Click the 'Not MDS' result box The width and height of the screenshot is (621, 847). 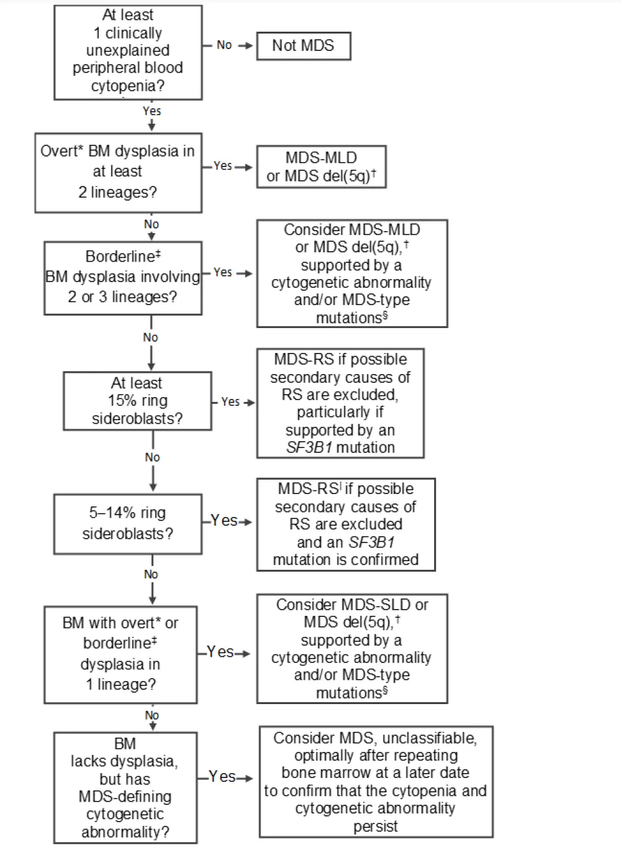(x=303, y=45)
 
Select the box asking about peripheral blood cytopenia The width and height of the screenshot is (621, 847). (x=128, y=52)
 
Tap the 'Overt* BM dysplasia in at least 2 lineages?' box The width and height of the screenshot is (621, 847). (x=118, y=172)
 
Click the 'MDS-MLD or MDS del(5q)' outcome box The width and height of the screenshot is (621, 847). (x=321, y=167)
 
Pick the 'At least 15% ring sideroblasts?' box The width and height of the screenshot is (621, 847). (x=137, y=401)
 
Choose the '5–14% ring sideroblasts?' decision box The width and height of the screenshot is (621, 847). (x=127, y=523)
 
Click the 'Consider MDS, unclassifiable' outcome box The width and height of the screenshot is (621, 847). (x=376, y=782)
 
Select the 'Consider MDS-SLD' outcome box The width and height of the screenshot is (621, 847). (x=351, y=648)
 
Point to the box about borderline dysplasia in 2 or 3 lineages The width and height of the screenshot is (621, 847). (x=123, y=277)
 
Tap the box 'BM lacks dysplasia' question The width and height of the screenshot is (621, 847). (x=125, y=787)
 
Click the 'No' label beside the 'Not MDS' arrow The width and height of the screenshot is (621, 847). (x=224, y=45)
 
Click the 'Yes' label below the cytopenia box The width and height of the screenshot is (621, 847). (x=152, y=111)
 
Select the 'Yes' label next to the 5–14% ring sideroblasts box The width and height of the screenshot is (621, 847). (x=224, y=521)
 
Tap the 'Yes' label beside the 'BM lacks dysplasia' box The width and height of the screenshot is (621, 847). (x=222, y=777)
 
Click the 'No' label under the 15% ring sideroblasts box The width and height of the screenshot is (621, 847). (x=152, y=457)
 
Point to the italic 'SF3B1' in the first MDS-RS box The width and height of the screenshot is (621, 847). (x=309, y=447)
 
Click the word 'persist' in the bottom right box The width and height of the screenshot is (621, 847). (x=376, y=826)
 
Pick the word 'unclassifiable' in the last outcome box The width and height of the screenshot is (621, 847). (x=429, y=738)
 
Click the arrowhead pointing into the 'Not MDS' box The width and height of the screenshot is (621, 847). (x=249, y=45)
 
